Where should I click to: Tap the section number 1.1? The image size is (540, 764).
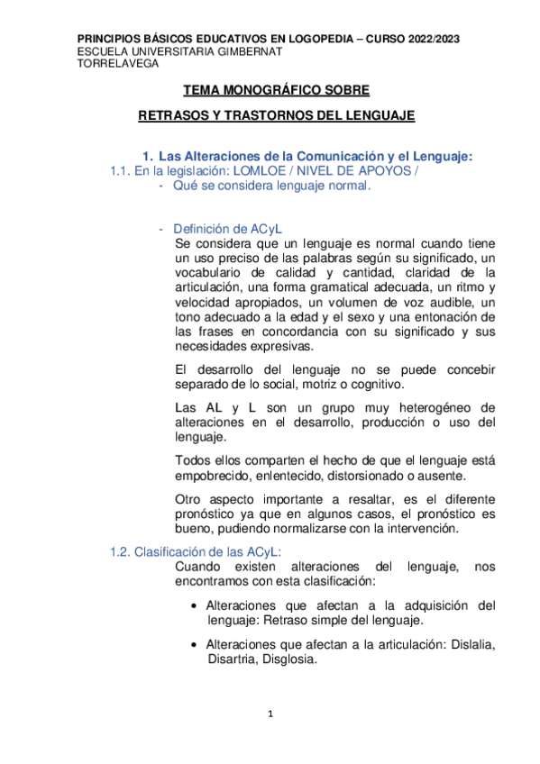tap(120, 171)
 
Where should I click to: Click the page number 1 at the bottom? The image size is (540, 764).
tap(270, 714)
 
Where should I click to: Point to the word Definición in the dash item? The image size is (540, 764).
tap(203, 227)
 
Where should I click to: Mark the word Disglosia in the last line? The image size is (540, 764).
tap(289, 659)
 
